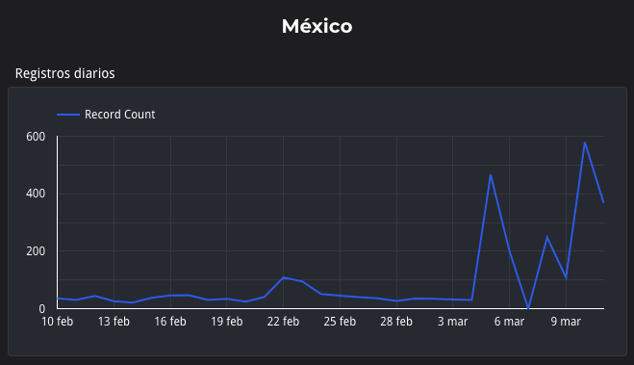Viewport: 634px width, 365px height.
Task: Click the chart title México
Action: [x=317, y=26]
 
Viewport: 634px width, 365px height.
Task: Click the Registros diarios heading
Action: [x=64, y=73]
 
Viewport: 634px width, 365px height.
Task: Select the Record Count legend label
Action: [x=119, y=115]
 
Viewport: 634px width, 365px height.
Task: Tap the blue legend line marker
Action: [x=68, y=115]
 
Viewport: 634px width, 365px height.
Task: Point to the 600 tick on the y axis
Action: [x=37, y=137]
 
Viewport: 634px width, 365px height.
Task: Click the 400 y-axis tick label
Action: [x=37, y=194]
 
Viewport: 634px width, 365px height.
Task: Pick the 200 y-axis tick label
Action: [x=37, y=251]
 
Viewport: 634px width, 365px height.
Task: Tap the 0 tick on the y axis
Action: [x=42, y=308]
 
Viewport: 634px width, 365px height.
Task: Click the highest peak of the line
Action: [x=584, y=143]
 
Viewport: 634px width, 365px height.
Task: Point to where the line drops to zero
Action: [x=528, y=308]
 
